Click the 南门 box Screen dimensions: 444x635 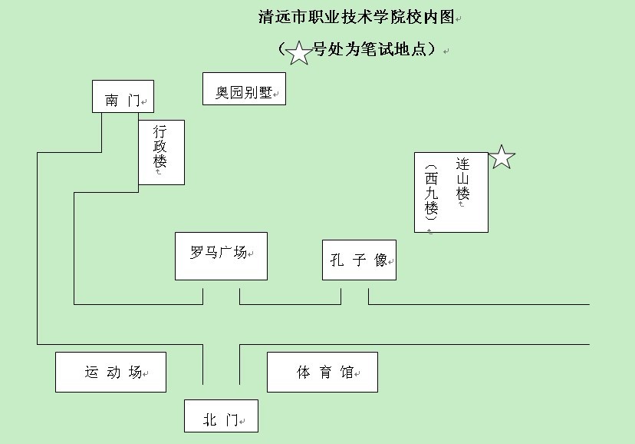[x=123, y=97]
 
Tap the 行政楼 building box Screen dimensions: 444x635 [x=161, y=152]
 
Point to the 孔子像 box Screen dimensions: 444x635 [x=359, y=260]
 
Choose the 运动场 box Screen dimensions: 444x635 [x=110, y=372]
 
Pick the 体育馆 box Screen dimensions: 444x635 [x=322, y=372]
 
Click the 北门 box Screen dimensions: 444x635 [x=221, y=416]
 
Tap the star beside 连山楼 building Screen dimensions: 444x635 [x=502, y=157]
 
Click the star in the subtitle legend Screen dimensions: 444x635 [x=298, y=53]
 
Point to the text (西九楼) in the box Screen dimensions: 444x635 [x=432, y=192]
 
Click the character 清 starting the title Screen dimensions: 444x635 [x=265, y=18]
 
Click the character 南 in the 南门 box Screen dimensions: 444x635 [x=112, y=101]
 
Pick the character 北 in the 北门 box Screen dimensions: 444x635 [x=210, y=420]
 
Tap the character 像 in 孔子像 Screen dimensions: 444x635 [x=381, y=260]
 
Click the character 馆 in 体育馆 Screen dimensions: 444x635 [x=347, y=373]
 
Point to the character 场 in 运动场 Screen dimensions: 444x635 [x=135, y=373]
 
